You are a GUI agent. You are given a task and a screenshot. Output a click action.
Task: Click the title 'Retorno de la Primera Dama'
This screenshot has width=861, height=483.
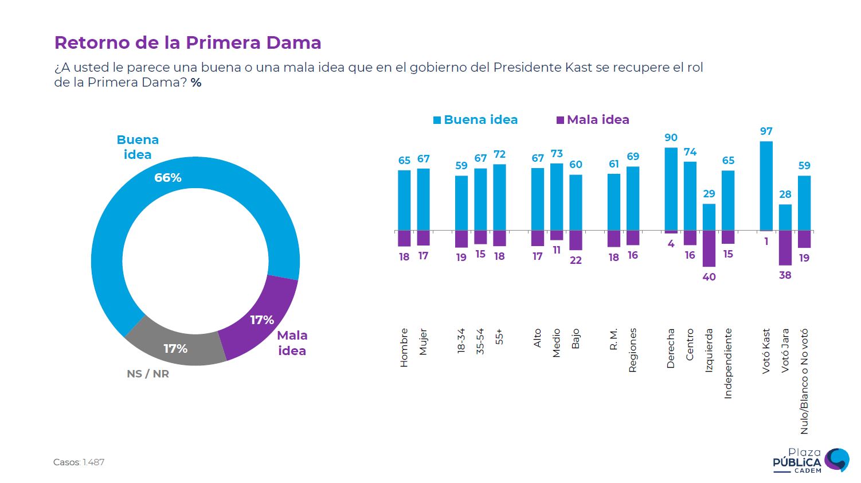(x=187, y=43)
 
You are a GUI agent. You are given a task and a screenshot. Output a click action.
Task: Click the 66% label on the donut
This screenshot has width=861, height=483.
(x=168, y=178)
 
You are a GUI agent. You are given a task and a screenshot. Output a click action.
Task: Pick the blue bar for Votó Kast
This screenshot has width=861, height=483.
(x=766, y=186)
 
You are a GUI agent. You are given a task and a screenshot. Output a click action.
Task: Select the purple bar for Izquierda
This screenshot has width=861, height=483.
(x=709, y=248)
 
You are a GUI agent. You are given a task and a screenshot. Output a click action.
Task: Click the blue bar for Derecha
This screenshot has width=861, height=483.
(x=671, y=189)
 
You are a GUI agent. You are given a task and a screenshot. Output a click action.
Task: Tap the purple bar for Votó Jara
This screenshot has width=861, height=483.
(x=785, y=248)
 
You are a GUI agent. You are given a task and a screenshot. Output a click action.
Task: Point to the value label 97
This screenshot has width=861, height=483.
(x=766, y=131)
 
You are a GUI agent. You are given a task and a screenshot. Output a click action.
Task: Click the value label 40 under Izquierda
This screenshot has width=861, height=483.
(x=709, y=277)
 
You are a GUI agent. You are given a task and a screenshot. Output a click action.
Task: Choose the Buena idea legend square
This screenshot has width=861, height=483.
(x=437, y=120)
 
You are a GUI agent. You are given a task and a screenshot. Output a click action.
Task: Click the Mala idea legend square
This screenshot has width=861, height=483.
(x=560, y=120)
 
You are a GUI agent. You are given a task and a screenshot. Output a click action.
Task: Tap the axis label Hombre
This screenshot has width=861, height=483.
(x=404, y=348)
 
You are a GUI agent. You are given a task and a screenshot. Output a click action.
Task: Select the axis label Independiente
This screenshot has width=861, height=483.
(x=728, y=363)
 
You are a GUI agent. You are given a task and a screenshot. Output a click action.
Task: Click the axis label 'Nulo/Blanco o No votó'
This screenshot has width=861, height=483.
(x=804, y=381)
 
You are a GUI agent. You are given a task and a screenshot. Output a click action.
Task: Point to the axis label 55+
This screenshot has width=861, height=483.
(x=499, y=336)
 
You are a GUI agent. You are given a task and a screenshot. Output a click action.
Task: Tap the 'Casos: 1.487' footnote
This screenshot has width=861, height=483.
(x=79, y=462)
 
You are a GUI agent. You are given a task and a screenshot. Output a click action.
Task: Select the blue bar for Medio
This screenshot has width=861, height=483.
(x=557, y=197)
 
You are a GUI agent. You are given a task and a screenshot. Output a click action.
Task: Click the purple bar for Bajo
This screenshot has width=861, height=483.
(x=576, y=240)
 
